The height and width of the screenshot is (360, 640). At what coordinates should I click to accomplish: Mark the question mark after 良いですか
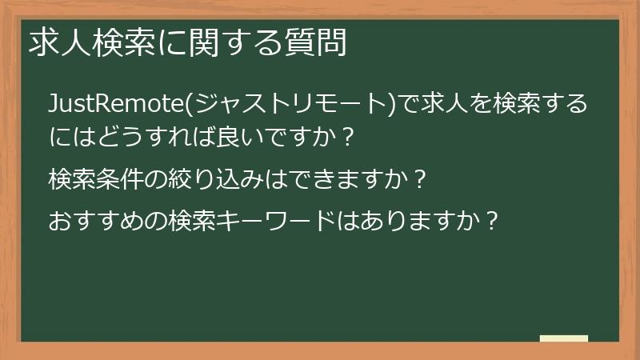[346, 137]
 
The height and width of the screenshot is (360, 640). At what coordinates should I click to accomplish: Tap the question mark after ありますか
[493, 218]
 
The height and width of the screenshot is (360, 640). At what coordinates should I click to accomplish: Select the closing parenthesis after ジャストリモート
[390, 104]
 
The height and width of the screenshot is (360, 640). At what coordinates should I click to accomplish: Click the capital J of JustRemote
[53, 104]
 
